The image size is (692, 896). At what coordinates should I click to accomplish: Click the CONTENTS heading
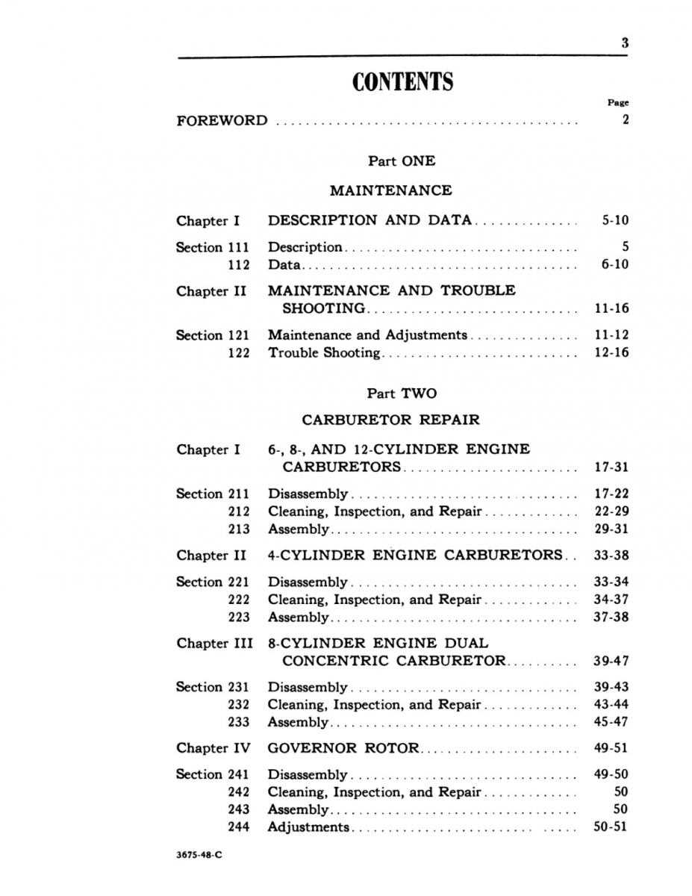click(402, 82)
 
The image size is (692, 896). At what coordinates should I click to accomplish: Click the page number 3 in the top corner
click(625, 43)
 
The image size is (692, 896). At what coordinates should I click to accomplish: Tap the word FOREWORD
click(222, 120)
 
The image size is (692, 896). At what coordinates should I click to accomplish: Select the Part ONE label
click(402, 161)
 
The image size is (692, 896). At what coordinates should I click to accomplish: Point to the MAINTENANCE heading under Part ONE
click(390, 190)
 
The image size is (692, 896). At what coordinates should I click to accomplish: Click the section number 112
click(239, 264)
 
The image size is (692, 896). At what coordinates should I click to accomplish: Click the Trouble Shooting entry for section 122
click(324, 353)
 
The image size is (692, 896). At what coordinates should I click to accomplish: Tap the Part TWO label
click(402, 393)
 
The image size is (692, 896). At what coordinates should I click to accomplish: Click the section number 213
click(239, 529)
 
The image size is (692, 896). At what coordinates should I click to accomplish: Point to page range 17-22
click(611, 494)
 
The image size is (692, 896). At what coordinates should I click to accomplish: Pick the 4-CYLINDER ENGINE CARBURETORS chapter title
click(414, 555)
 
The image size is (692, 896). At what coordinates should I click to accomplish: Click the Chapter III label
click(214, 643)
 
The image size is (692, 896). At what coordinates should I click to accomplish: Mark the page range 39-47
click(611, 661)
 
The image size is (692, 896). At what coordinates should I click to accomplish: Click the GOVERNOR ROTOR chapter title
click(343, 748)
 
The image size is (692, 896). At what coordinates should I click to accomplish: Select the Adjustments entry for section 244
click(308, 827)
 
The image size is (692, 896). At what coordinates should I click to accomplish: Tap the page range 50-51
click(611, 827)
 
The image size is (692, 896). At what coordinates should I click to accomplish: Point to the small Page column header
click(618, 103)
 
